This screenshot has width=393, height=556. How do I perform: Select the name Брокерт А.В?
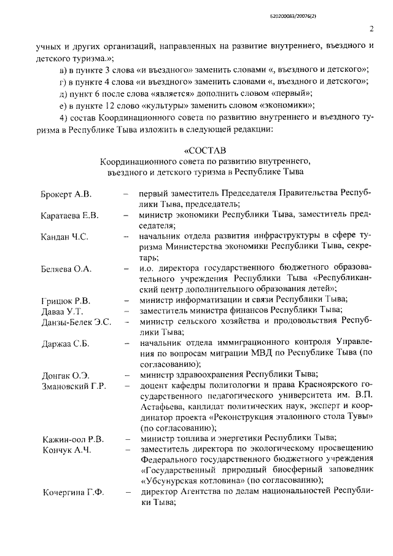(66, 195)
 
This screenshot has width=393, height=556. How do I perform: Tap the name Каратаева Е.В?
(70, 216)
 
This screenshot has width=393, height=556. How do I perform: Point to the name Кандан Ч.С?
(64, 237)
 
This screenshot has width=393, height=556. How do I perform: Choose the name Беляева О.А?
(66, 269)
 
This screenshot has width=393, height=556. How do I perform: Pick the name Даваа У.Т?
(61, 311)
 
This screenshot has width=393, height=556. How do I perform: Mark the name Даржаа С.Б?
(65, 343)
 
